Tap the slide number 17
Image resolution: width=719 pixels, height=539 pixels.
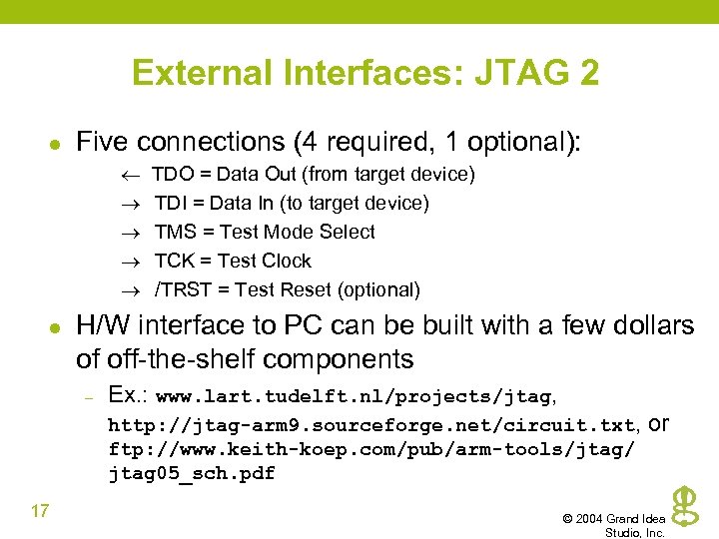pos(40,512)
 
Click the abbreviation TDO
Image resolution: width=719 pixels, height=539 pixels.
pos(172,175)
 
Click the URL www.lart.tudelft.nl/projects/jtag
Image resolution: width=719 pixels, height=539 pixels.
pos(354,397)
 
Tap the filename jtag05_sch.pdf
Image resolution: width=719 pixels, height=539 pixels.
pos(191,473)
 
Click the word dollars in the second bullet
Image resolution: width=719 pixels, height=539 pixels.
pos(655,325)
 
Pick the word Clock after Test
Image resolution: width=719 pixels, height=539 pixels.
pos(288,262)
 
